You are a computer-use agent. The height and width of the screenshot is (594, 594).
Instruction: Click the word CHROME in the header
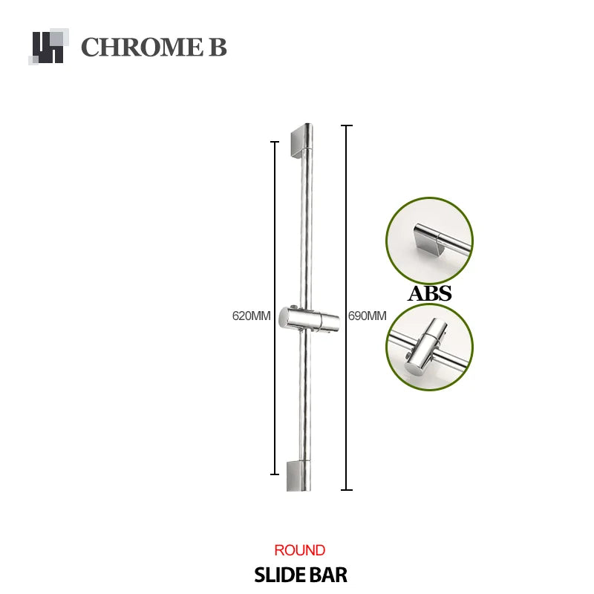click(x=143, y=47)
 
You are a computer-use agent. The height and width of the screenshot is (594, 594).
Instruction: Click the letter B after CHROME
click(x=218, y=47)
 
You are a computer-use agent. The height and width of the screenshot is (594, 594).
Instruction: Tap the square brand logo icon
click(x=48, y=47)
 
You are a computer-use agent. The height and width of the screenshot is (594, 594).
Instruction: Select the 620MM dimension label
click(x=251, y=316)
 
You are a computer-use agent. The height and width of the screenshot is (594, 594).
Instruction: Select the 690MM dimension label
click(x=367, y=316)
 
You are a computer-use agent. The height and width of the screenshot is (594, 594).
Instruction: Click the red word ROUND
click(x=300, y=550)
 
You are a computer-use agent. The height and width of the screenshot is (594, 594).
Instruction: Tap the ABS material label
click(x=430, y=293)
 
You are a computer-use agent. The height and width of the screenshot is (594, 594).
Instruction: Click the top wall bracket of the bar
click(x=302, y=140)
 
